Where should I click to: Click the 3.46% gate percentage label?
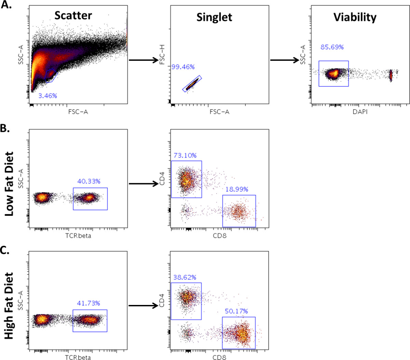tap(47, 96)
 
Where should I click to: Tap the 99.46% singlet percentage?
tap(183, 67)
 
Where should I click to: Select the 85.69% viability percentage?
tap(332, 47)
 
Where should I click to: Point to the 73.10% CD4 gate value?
tap(185, 156)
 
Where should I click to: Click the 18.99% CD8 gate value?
tap(237, 189)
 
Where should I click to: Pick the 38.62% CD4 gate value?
tap(185, 278)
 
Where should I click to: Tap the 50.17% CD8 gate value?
tap(236, 311)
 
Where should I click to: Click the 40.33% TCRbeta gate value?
tap(89, 181)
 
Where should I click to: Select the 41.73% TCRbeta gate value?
tap(88, 303)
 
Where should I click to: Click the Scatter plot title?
tap(73, 15)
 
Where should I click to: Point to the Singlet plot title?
tap(214, 17)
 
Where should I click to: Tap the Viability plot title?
tap(355, 17)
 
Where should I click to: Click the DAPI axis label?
tap(360, 112)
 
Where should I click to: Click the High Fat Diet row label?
tap(9, 305)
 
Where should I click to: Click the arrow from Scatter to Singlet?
tap(143, 60)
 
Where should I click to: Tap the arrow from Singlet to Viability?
tap(285, 60)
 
